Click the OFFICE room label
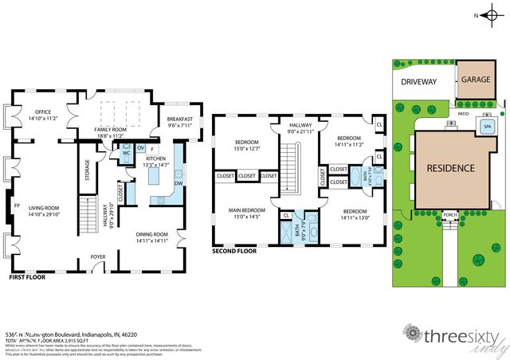click(37, 112)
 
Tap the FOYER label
click(98, 257)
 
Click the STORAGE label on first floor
click(87, 171)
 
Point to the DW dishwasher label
click(178, 182)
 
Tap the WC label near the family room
click(126, 153)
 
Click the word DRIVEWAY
click(420, 82)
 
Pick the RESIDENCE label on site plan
click(450, 168)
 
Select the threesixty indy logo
click(454, 336)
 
